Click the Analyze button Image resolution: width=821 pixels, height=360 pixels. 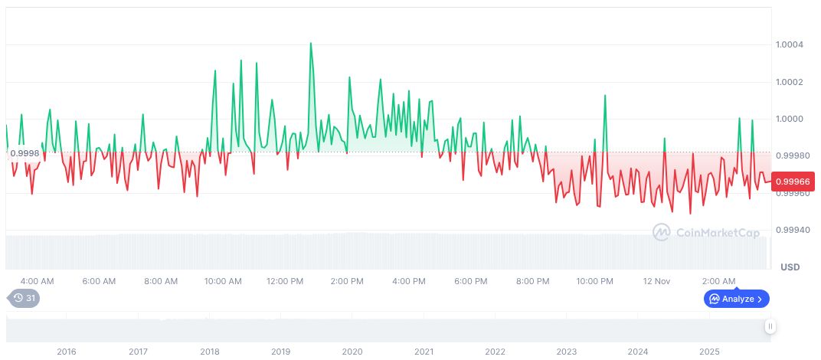pos(736,299)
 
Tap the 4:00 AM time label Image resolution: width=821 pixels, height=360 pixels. pos(37,281)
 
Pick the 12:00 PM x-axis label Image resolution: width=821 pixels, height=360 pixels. pos(285,281)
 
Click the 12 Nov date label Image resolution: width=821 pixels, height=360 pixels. pos(657,281)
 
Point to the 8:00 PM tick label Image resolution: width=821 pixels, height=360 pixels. pos(532,281)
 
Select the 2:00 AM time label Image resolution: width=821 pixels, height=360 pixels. pos(718,281)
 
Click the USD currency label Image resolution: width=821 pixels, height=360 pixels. pos(790,267)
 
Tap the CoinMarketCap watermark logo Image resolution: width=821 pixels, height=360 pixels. pos(706,231)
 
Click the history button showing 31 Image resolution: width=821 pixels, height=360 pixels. pos(23,298)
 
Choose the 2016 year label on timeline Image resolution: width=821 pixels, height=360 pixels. pos(67,352)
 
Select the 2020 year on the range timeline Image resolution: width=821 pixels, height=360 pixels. pos(352,352)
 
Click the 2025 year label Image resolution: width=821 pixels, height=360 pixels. pos(709,352)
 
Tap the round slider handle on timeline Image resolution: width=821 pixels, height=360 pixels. pos(770,327)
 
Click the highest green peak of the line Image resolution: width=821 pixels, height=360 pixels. pos(310,43)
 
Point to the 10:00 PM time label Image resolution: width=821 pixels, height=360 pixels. pos(594,281)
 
